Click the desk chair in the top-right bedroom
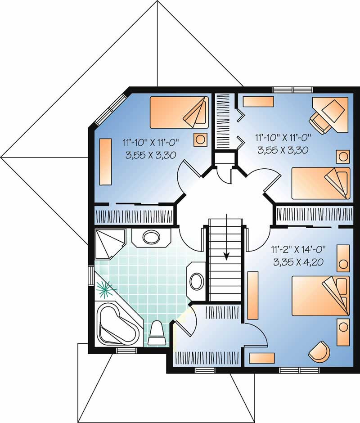coord(319,122)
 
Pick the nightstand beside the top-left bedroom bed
coord(200,140)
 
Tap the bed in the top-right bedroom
coord(320,183)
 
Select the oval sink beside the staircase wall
coord(196,281)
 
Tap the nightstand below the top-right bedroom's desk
coord(343,157)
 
